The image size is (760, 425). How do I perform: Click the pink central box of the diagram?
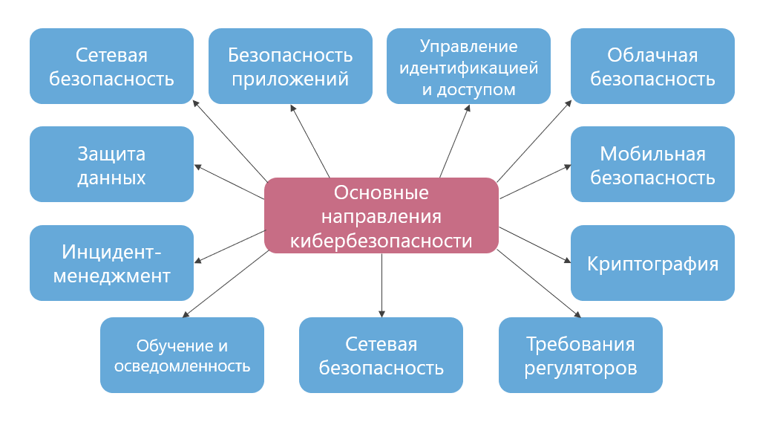coord(381,215)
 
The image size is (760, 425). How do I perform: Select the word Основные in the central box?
coord(381,192)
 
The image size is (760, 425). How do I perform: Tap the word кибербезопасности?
coord(381,240)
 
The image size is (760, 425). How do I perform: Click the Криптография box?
coord(652,264)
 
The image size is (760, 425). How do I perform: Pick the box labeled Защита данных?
coord(111,164)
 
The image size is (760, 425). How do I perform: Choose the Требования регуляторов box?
coord(580,355)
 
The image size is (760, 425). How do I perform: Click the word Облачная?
coord(652,56)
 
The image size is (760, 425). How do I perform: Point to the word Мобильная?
coord(652,154)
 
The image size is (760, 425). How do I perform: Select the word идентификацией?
coord(468,68)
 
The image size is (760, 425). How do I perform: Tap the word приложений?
coord(290,79)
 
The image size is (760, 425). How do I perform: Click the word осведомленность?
coord(183,366)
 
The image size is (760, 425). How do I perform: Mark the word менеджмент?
coord(111,276)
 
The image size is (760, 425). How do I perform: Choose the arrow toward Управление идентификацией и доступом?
coord(455,141)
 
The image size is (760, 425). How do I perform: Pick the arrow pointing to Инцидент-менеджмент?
coord(230,246)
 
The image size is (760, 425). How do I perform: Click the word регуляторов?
coord(580,367)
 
